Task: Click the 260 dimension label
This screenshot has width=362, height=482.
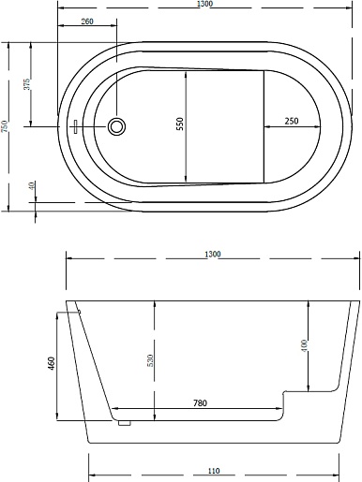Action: [x=87, y=22]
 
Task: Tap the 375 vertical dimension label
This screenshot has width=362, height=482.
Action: [x=28, y=84]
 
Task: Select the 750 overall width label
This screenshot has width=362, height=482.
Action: [x=5, y=126]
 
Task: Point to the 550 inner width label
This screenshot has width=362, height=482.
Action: [x=179, y=124]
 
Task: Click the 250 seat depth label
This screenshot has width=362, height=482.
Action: [x=292, y=121]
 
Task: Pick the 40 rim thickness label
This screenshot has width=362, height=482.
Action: [x=32, y=185]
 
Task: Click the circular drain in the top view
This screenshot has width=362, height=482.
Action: [x=117, y=126]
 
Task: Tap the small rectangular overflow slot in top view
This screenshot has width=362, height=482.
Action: [x=75, y=126]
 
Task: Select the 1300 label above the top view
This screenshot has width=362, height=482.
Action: [x=205, y=4]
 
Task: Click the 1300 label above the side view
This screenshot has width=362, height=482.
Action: [x=213, y=254]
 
